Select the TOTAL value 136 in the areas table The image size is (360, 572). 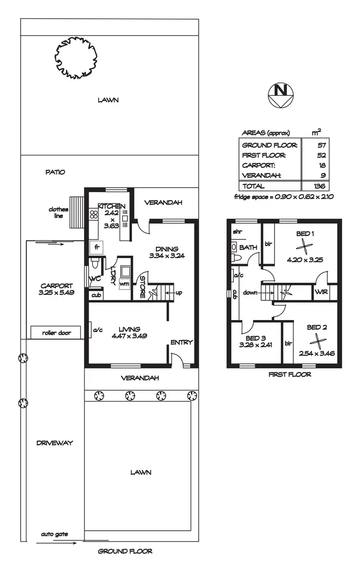click(317, 186)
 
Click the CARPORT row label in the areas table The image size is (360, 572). click(259, 166)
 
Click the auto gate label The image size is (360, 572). click(54, 534)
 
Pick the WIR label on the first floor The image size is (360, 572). click(321, 292)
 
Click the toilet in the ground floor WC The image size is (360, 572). click(95, 263)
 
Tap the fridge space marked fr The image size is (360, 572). click(96, 248)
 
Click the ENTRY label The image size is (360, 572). click(181, 342)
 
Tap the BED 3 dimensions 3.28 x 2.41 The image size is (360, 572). click(255, 345)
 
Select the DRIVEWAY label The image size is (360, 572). click(54, 443)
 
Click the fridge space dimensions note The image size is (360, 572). click(284, 197)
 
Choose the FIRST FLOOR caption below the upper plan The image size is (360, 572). click(289, 374)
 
